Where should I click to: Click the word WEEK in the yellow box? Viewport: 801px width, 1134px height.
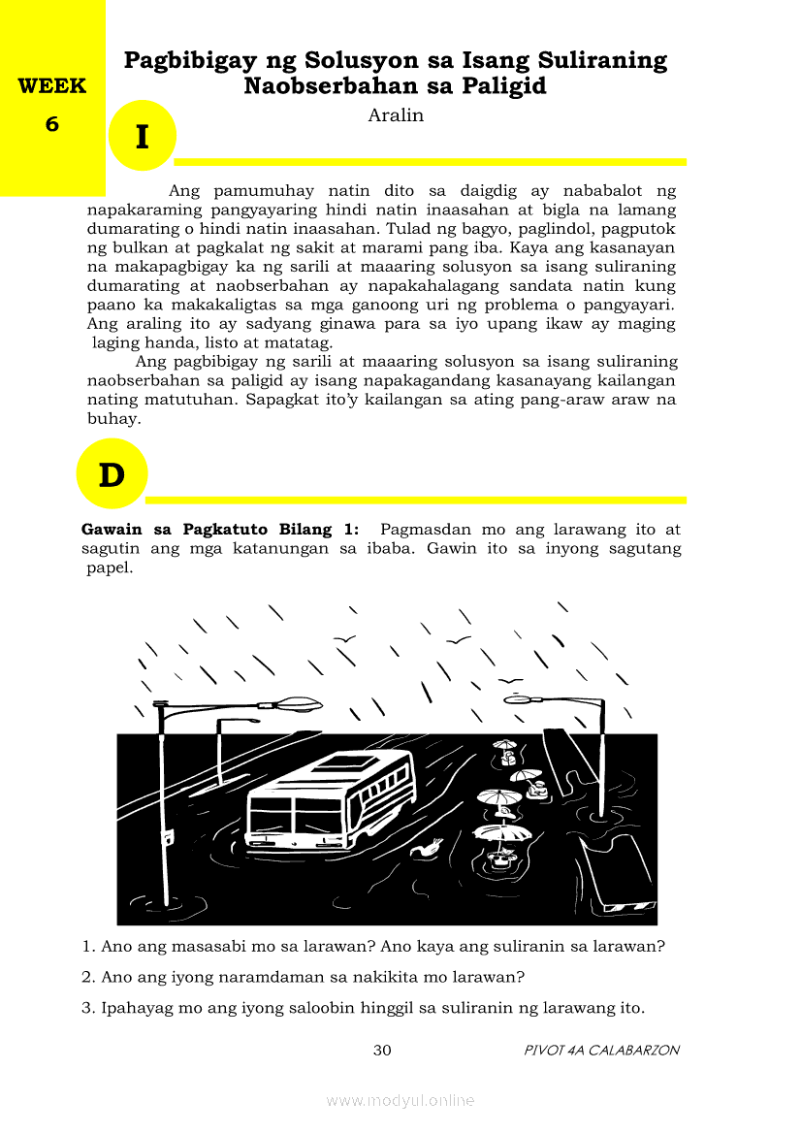tap(51, 85)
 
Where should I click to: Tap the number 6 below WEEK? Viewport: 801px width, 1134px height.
tap(51, 124)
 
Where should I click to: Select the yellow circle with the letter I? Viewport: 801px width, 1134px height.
tap(142, 137)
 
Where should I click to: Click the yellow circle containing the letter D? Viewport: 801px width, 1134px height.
tap(112, 474)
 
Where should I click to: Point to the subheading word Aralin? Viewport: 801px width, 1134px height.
tap(396, 115)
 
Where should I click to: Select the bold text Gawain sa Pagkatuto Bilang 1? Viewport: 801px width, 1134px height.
tap(220, 530)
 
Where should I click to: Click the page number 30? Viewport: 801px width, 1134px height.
tap(382, 1050)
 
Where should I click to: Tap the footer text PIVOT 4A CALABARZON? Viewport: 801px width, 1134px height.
tap(601, 1050)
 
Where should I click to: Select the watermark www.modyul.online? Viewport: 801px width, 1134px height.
tap(400, 1100)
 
